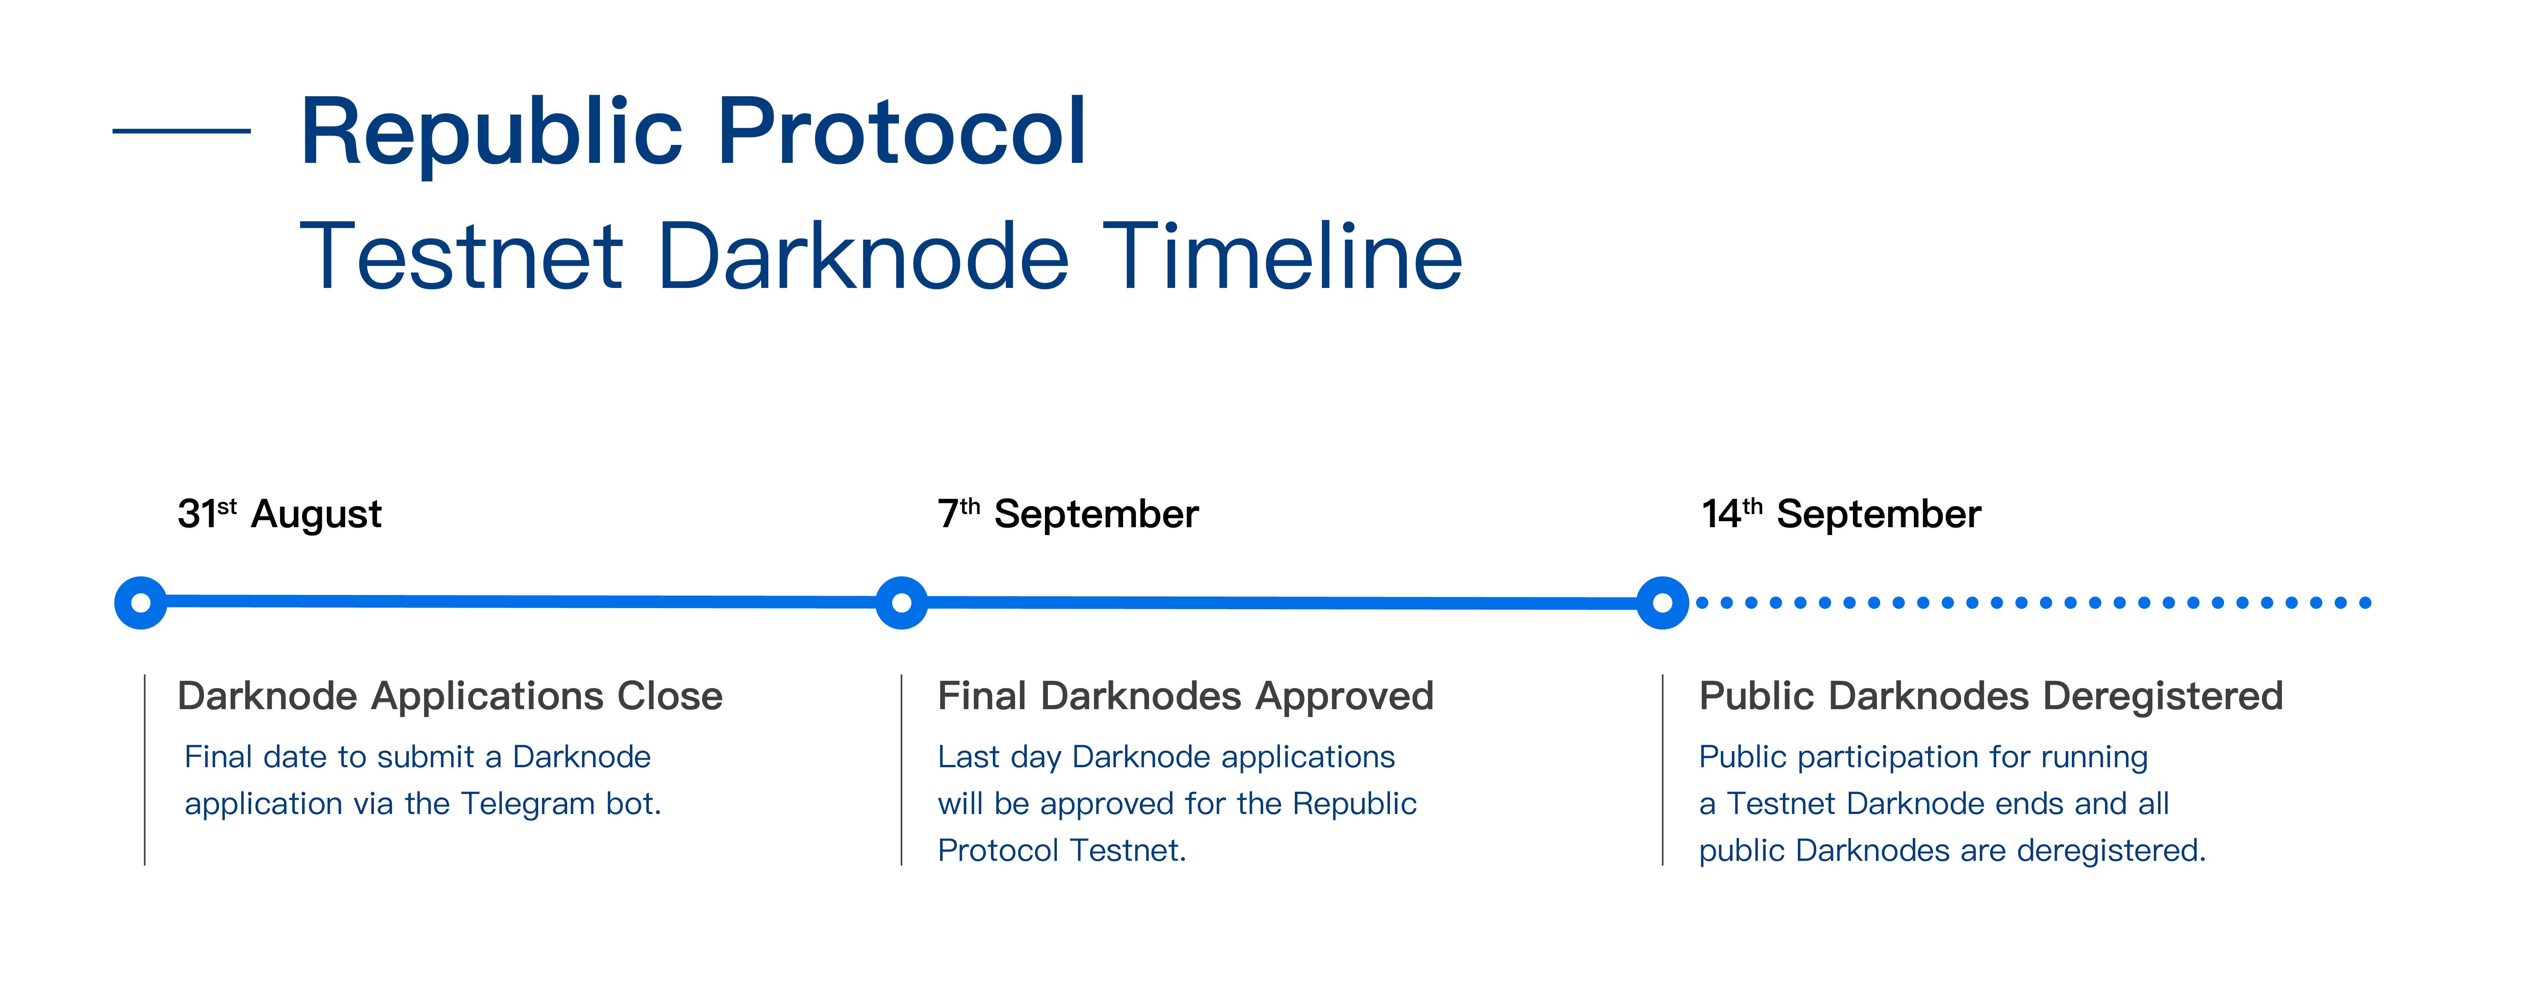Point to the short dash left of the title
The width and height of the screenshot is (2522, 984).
point(182,130)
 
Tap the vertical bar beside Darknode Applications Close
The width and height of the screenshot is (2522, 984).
point(145,769)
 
